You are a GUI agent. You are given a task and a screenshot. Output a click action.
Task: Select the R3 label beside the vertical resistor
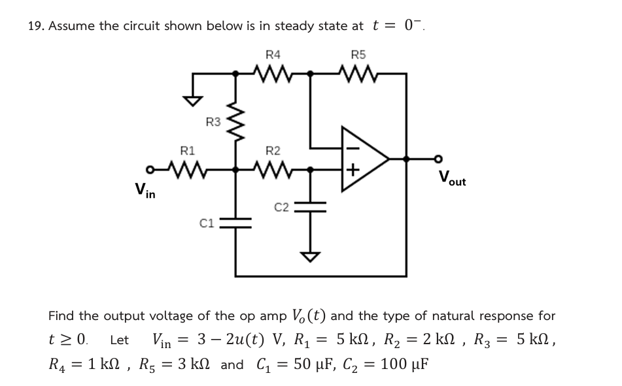213,121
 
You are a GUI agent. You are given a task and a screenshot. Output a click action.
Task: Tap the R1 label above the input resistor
188,150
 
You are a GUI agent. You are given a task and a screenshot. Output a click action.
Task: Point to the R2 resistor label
274,150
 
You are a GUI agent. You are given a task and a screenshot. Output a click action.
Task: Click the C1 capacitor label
207,225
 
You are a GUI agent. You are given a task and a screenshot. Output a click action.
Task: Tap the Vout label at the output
453,178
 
